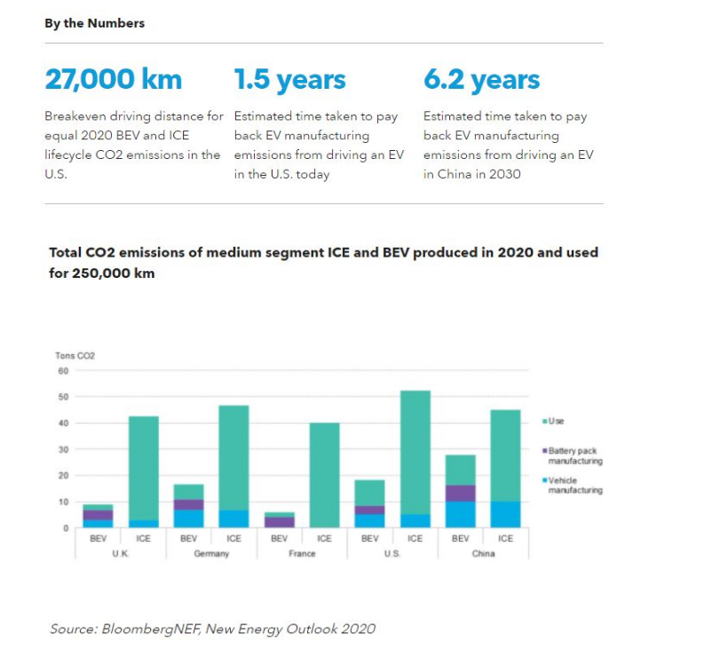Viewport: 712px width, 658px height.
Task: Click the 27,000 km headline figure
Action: [x=113, y=80]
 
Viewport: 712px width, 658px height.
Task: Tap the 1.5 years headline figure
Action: [x=289, y=80]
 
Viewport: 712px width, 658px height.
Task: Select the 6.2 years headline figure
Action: [x=481, y=80]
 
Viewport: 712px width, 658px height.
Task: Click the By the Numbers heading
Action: [x=94, y=23]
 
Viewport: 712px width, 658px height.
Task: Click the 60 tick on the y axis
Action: [x=63, y=370]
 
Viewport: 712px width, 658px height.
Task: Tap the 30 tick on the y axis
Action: [x=63, y=449]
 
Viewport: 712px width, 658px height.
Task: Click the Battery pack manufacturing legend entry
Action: [x=574, y=456]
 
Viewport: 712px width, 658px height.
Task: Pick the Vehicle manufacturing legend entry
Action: [x=574, y=485]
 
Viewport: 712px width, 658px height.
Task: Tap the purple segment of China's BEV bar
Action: [x=460, y=494]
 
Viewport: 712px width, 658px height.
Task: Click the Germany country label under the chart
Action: [x=211, y=554]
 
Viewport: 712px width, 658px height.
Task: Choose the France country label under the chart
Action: [x=302, y=554]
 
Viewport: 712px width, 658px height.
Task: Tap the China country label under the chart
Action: [x=483, y=554]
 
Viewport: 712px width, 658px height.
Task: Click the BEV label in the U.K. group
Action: [x=98, y=538]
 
